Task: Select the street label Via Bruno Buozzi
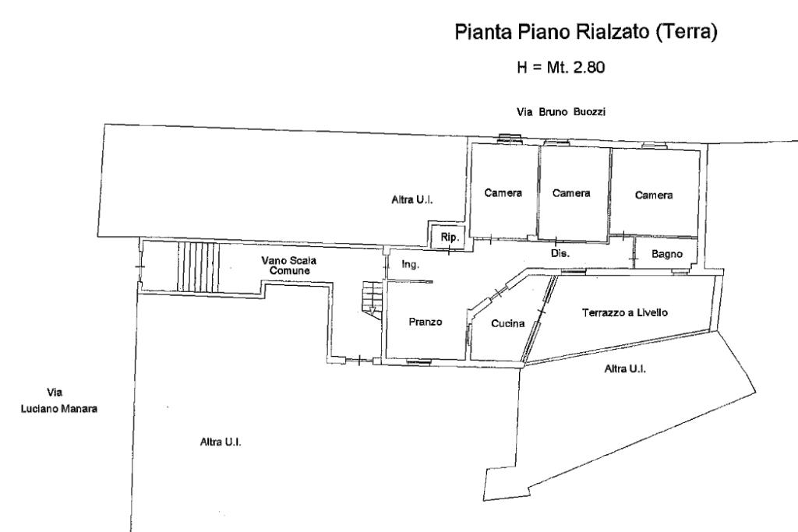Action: click(x=561, y=112)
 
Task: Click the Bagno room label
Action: click(x=667, y=254)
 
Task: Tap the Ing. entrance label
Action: click(x=411, y=265)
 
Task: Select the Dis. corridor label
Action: click(x=560, y=254)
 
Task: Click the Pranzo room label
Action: click(x=425, y=322)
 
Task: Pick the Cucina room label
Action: click(x=507, y=324)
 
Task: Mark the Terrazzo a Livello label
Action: click(x=624, y=312)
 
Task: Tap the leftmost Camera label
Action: click(x=503, y=193)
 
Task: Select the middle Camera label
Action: click(x=570, y=193)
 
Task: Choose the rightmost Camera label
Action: click(x=653, y=196)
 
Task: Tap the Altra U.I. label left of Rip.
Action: click(x=411, y=200)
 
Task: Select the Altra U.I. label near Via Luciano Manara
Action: click(x=221, y=442)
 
